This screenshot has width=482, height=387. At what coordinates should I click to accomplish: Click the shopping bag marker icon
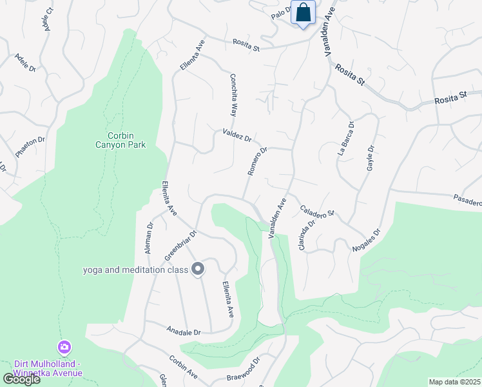(x=303, y=12)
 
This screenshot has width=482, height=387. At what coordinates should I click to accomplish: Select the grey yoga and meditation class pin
(x=198, y=269)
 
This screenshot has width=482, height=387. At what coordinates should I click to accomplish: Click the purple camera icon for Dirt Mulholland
(x=64, y=348)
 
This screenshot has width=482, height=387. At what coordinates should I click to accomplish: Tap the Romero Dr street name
(x=257, y=161)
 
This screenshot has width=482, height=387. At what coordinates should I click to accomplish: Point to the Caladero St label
(x=318, y=211)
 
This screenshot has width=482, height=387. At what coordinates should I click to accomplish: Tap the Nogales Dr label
(x=367, y=240)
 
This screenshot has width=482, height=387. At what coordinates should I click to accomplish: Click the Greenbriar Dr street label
(x=180, y=246)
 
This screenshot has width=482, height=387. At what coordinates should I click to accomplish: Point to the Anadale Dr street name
(x=184, y=332)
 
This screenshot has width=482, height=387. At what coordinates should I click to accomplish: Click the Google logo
(x=21, y=379)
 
